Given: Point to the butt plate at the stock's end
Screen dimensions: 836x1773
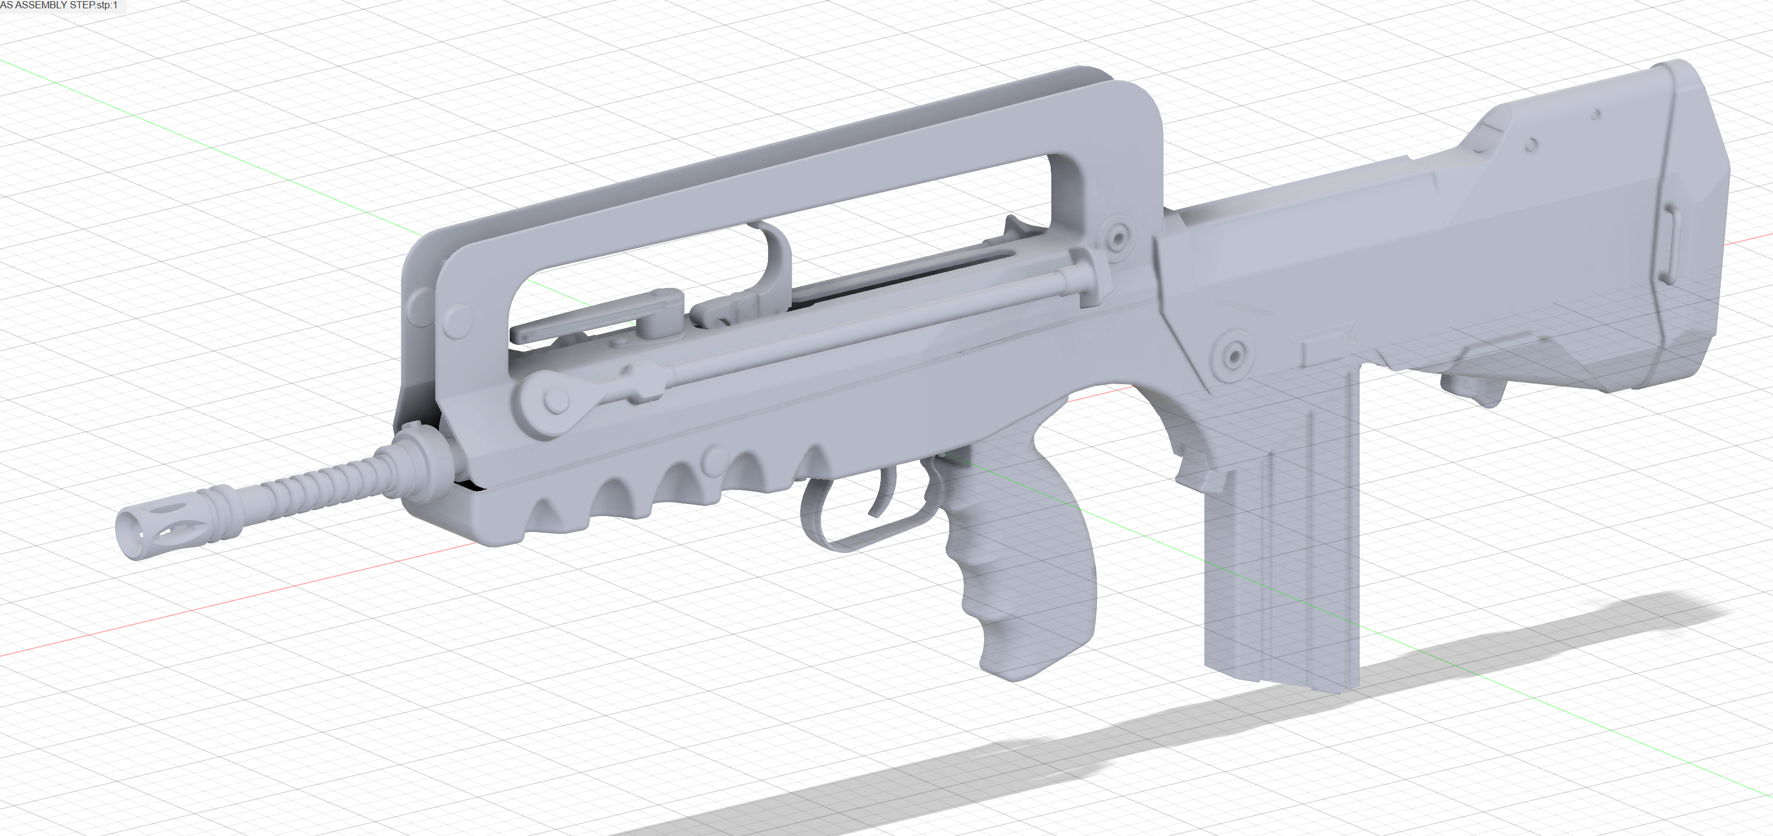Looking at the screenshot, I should tap(1700, 227).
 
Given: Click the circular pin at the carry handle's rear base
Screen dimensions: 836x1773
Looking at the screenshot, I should tap(1118, 238).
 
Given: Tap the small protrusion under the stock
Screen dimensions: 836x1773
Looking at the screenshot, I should tap(1480, 389).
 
